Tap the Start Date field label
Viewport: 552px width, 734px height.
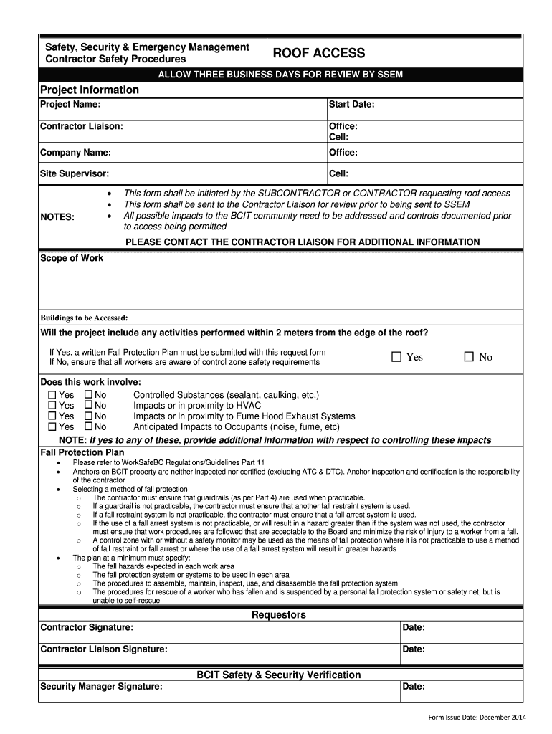coord(351,105)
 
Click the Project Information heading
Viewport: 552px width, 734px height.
coord(89,90)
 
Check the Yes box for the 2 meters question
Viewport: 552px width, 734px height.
coord(396,357)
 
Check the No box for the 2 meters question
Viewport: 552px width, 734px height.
coord(469,357)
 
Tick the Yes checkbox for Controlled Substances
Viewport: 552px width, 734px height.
coord(52,395)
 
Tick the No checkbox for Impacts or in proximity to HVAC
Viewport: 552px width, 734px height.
coord(88,406)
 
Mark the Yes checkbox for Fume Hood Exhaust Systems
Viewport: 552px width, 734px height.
coord(52,416)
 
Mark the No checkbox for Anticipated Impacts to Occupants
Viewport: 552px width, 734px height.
coord(88,427)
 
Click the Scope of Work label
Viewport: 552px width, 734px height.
coord(72,258)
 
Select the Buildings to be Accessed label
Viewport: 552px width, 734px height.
coord(84,318)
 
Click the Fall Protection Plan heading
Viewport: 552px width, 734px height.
coord(82,452)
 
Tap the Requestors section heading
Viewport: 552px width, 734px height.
coord(278,615)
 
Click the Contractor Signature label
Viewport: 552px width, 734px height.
coord(87,628)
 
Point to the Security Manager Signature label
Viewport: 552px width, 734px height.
coord(101,687)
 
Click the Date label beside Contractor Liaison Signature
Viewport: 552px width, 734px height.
coord(414,649)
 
